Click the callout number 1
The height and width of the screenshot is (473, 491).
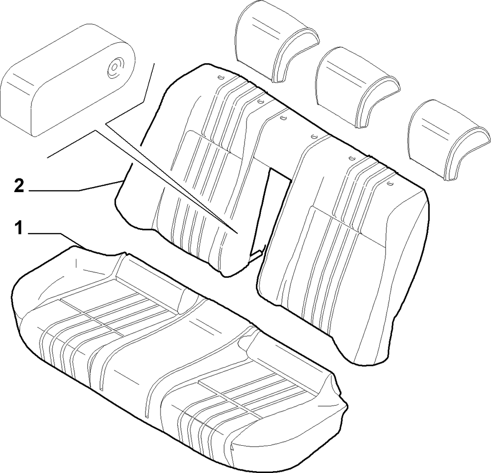click(x=19, y=228)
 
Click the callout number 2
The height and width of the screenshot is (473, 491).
click(x=19, y=186)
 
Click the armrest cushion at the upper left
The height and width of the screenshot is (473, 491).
click(x=67, y=80)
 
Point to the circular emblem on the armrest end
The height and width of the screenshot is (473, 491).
click(x=115, y=67)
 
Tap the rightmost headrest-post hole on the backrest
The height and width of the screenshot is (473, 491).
click(x=390, y=183)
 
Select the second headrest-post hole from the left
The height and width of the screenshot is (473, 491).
click(x=260, y=102)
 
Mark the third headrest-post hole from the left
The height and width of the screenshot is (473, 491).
click(x=283, y=117)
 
